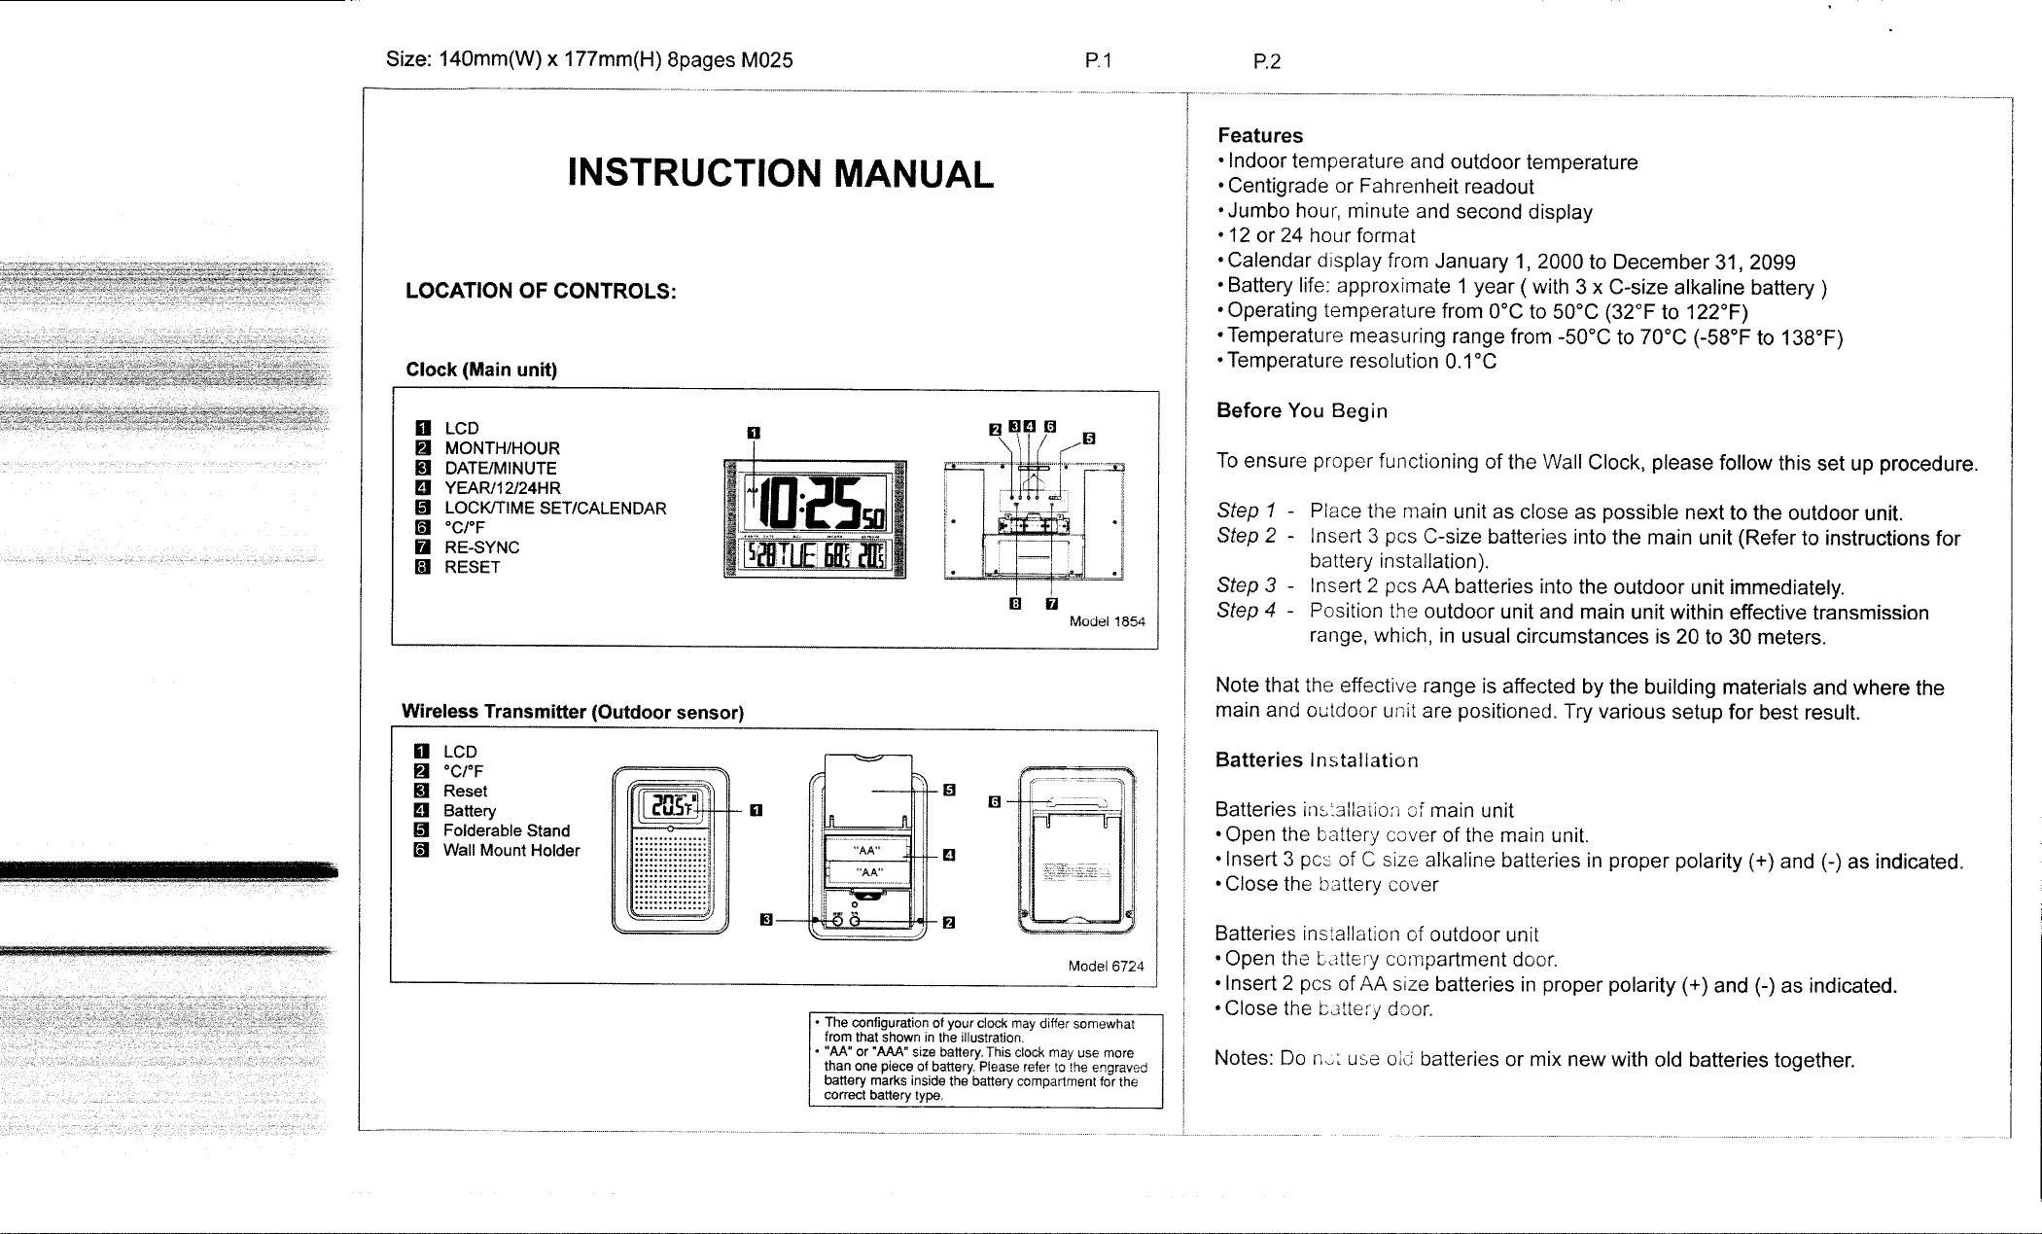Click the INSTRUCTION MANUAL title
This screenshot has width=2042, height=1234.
[x=781, y=174]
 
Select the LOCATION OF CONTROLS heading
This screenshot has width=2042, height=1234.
[x=541, y=291]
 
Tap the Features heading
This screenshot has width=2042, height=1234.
[x=1259, y=135]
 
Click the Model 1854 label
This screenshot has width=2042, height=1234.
[x=1107, y=621]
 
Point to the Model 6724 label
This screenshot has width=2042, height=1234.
[x=1106, y=967]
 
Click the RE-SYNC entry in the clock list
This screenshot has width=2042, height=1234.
[x=481, y=547]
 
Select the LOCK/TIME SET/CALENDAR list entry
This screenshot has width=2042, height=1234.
[x=554, y=508]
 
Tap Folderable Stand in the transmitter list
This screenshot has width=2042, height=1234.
[x=506, y=830]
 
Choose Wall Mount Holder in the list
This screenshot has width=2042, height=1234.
[x=510, y=851]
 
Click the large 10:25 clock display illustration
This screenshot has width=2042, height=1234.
[x=814, y=508]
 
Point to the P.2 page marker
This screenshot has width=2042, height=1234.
[x=1267, y=61]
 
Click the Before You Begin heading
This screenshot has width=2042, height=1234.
[x=1301, y=410]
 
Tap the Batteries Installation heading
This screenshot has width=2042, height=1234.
[x=1316, y=759]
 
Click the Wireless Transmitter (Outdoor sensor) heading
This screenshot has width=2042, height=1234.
[x=573, y=712]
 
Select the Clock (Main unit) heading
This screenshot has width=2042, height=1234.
[x=480, y=370]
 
